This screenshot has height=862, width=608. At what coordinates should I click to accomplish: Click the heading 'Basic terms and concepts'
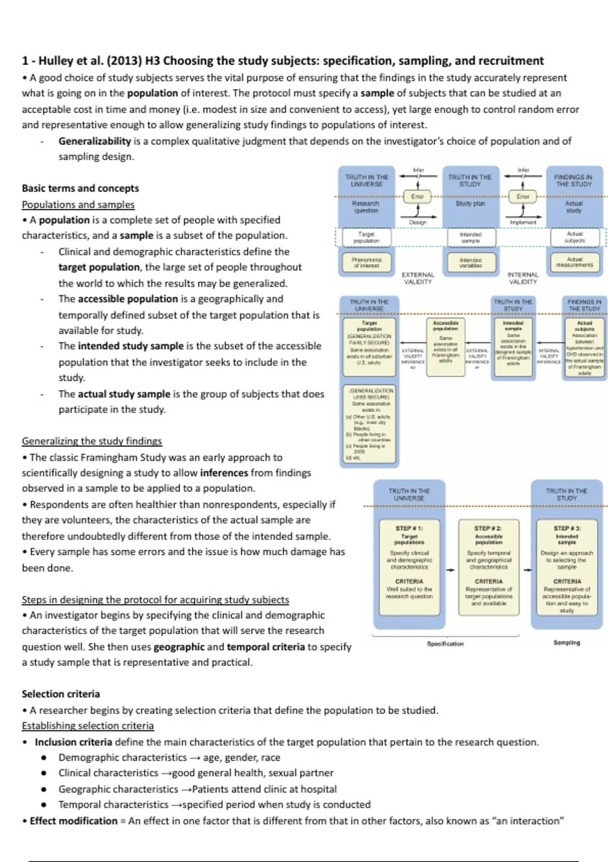(80, 188)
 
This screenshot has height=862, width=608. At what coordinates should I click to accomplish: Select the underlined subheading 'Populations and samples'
(78, 204)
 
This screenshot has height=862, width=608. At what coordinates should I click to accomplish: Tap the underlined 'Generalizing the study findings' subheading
(92, 441)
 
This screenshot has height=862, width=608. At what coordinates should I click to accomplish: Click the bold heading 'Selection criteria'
(61, 694)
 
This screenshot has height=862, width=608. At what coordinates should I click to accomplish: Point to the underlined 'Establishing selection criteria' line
(88, 726)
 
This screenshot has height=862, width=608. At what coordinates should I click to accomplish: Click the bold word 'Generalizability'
(95, 141)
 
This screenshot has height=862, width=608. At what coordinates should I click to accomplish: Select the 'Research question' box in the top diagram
(366, 207)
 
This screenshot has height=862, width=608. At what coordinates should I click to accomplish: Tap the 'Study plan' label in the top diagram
(470, 203)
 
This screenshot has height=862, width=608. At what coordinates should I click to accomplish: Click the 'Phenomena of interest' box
(366, 262)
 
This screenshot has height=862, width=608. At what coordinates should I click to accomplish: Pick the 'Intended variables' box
(471, 262)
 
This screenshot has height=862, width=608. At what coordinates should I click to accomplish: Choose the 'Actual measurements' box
(575, 262)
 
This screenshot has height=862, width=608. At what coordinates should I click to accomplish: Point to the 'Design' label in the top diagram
(418, 222)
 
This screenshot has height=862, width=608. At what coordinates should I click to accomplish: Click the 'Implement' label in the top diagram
(523, 222)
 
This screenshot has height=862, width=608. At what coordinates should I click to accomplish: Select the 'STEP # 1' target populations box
(409, 567)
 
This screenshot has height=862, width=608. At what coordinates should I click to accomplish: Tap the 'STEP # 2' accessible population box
(489, 567)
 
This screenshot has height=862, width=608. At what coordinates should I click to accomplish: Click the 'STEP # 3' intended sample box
(567, 567)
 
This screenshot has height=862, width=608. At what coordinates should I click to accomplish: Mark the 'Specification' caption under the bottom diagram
(445, 643)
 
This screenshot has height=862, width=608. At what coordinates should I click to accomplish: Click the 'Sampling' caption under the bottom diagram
(567, 642)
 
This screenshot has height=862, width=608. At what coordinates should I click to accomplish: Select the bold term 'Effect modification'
(73, 821)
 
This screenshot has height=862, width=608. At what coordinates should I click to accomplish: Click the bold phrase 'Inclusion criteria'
(73, 742)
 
